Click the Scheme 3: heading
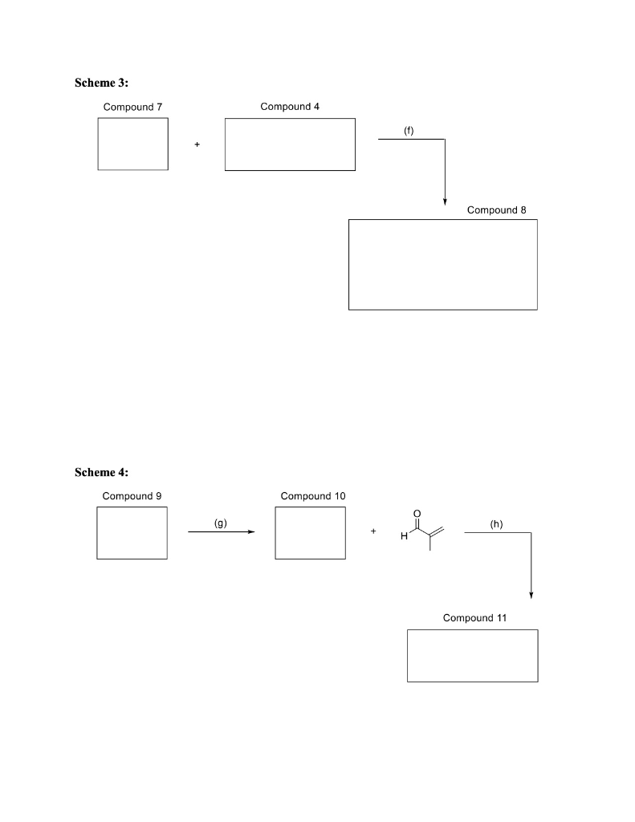click(101, 83)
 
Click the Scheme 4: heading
click(101, 472)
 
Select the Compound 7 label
click(132, 107)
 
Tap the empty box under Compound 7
click(132, 144)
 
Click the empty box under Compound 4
click(290, 144)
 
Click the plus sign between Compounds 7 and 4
click(197, 144)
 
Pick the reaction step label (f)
click(409, 130)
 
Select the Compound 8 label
click(497, 210)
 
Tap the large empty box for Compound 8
click(442, 264)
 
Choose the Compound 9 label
click(132, 496)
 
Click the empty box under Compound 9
click(132, 533)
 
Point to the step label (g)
click(221, 523)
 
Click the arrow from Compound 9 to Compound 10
click(221, 532)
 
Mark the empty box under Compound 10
click(310, 533)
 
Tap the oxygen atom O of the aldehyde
click(416, 513)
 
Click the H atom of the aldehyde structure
click(405, 537)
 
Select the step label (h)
click(496, 523)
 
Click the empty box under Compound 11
click(472, 656)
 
